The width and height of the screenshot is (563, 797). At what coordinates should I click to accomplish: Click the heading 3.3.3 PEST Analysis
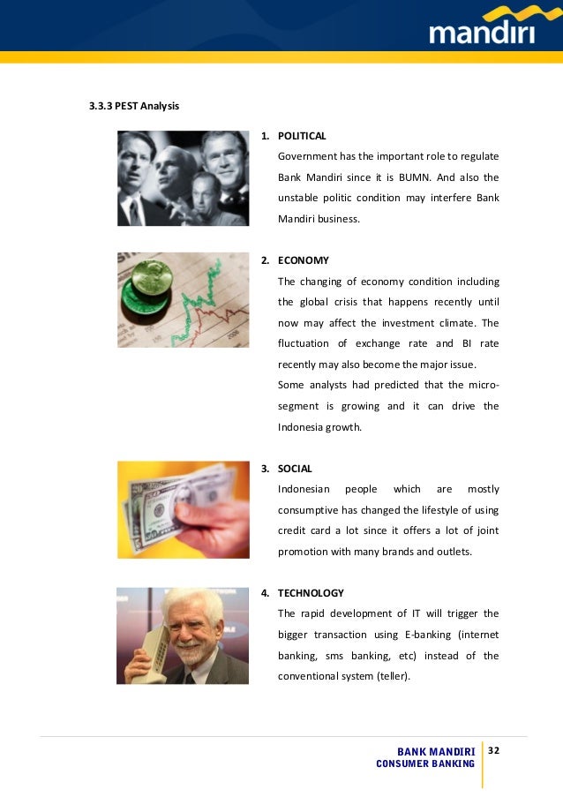[x=134, y=107]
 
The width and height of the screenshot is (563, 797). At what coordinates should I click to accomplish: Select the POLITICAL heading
[x=302, y=136]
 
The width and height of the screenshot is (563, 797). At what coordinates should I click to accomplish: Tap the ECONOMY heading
[x=303, y=260]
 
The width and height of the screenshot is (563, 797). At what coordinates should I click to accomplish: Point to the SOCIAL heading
[x=295, y=469]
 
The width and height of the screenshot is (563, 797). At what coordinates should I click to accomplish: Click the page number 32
[x=493, y=750]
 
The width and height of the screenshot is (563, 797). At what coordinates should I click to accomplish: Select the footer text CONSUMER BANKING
[x=425, y=763]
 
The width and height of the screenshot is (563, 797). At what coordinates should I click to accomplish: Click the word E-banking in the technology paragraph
[x=405, y=635]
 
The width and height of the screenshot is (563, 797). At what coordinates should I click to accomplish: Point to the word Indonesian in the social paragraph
[x=304, y=489]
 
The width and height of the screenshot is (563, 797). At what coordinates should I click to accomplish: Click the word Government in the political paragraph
[x=306, y=156]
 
